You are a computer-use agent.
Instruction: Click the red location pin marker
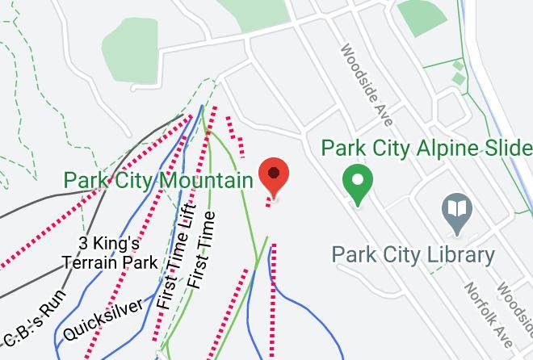[275, 177]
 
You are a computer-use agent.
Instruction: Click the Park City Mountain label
[158, 179]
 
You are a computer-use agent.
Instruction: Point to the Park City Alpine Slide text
[426, 149]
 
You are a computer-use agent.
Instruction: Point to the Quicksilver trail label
[104, 319]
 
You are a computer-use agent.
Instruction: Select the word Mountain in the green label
[212, 179]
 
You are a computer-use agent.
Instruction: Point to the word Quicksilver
[104, 319]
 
